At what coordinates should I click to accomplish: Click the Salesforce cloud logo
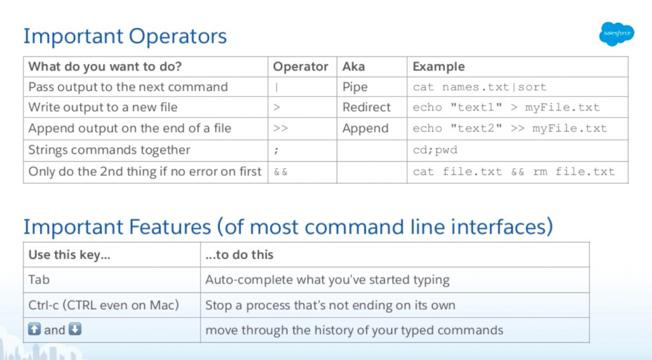click(x=616, y=34)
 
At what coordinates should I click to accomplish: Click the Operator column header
click(x=301, y=67)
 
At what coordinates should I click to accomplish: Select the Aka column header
click(x=353, y=67)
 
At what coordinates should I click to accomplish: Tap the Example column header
click(x=439, y=67)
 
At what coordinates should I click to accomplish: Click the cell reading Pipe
click(x=355, y=87)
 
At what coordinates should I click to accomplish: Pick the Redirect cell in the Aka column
click(x=366, y=108)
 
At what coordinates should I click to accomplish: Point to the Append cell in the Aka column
click(x=365, y=129)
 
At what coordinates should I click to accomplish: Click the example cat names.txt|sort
click(x=479, y=87)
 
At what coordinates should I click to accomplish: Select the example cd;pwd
click(x=435, y=150)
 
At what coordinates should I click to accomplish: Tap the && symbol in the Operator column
click(x=281, y=171)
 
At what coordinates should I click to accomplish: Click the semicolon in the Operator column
click(x=276, y=150)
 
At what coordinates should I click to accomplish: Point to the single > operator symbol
click(x=276, y=108)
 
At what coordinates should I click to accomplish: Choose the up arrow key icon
click(x=34, y=329)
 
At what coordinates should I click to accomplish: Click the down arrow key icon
click(x=75, y=329)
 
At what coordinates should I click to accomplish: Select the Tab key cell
click(x=39, y=280)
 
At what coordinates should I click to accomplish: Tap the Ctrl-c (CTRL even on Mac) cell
click(x=104, y=305)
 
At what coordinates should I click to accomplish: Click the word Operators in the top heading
click(x=178, y=36)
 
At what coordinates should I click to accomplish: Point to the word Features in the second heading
click(x=169, y=227)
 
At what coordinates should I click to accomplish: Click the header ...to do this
click(x=239, y=255)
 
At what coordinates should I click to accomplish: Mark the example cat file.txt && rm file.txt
click(x=514, y=171)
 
